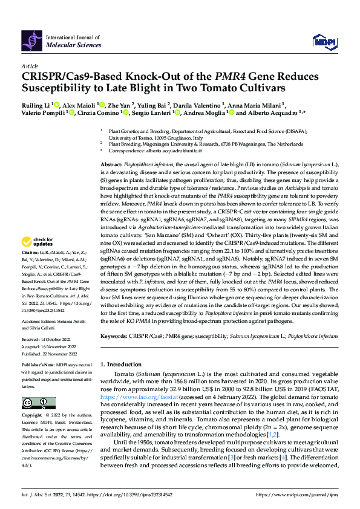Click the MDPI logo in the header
tap(322, 41)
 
